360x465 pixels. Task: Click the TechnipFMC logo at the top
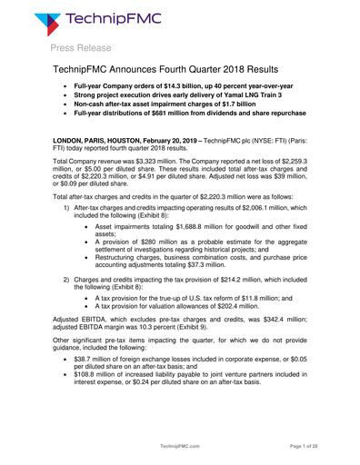click(99, 20)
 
